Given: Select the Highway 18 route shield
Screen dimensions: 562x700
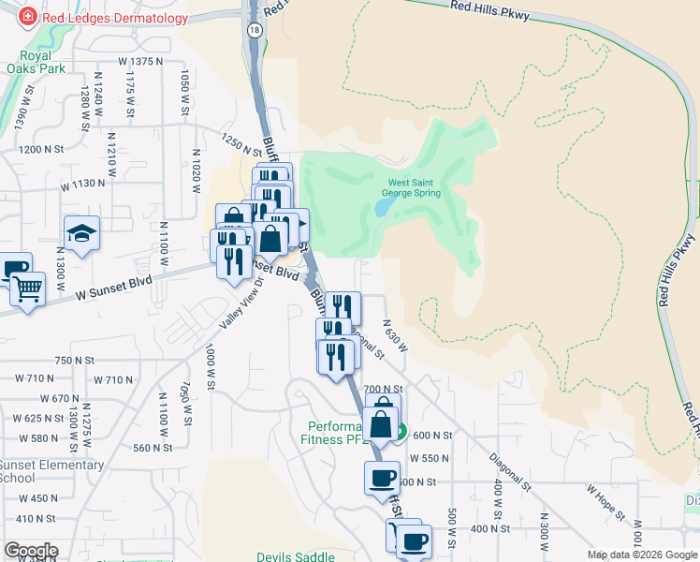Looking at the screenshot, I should click(255, 30).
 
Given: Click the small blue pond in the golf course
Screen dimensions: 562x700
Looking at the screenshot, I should click(384, 207).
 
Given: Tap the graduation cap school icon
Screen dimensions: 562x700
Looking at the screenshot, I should click(81, 234).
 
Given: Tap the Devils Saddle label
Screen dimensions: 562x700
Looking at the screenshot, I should click(296, 556).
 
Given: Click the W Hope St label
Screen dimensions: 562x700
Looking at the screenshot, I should click(605, 503).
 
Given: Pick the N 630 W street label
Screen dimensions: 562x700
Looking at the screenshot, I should click(394, 334).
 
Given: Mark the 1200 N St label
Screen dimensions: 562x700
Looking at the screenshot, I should click(41, 149).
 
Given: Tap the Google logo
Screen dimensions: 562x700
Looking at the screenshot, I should click(30, 551).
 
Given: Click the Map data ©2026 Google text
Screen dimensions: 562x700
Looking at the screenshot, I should click(642, 555).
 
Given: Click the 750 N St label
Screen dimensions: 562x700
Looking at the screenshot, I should click(76, 361).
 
